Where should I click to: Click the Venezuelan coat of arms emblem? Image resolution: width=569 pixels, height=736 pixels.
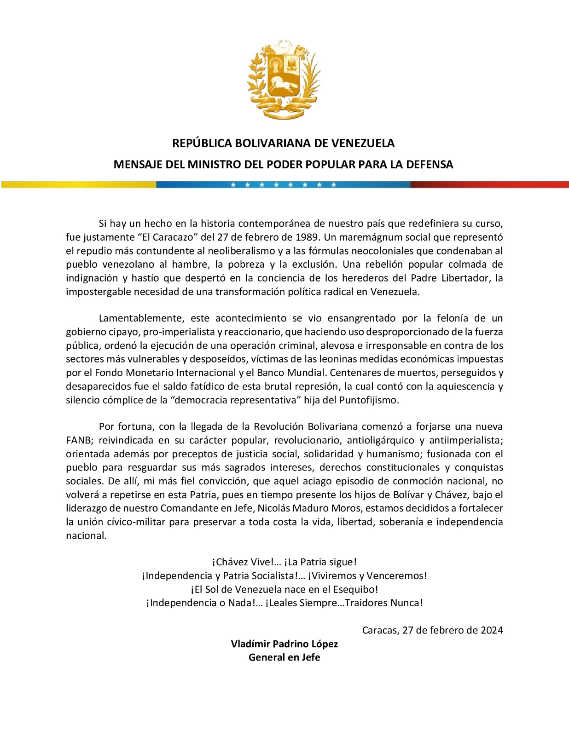(284, 79)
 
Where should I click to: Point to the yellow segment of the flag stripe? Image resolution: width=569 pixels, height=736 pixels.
(78, 184)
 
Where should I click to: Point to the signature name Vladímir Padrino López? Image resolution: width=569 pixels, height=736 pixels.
(284, 644)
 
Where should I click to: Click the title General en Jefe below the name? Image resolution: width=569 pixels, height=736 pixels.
(284, 657)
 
